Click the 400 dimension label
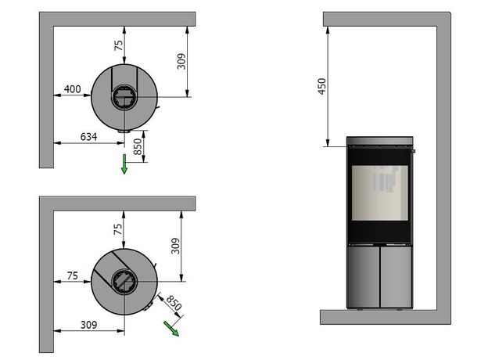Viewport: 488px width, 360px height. (x=73, y=89)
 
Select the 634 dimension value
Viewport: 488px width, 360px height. (x=88, y=137)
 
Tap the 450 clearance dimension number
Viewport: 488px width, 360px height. (x=321, y=86)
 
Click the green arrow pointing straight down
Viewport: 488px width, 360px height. (x=124, y=164)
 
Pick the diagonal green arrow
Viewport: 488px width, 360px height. (x=171, y=329)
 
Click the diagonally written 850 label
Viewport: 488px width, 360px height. (x=174, y=303)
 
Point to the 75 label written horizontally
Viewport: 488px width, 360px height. (x=73, y=275)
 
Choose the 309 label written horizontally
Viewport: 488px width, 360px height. (x=88, y=325)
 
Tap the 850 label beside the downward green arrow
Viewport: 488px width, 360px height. (x=138, y=146)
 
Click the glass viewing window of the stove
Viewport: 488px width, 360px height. (x=380, y=193)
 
